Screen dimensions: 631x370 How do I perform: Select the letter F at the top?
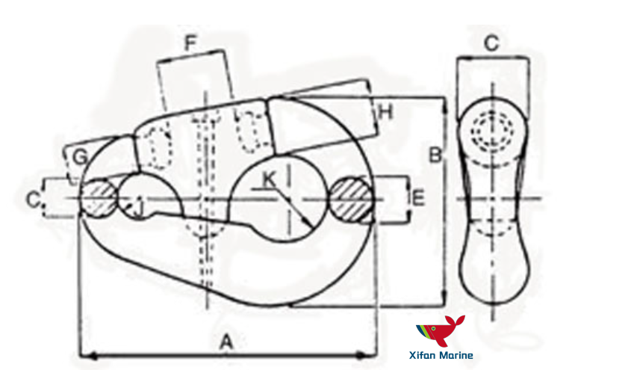pyautogui.click(x=190, y=43)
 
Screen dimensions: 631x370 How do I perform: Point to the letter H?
pyautogui.click(x=385, y=113)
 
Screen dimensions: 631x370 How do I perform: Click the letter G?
pyautogui.click(x=80, y=156)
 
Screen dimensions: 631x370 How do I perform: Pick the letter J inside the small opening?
pyautogui.click(x=138, y=204)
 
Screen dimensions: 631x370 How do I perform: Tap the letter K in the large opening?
pyautogui.click(x=269, y=179)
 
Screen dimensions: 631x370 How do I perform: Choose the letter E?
pyautogui.click(x=418, y=198)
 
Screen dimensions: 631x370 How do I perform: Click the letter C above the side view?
pyautogui.click(x=491, y=44)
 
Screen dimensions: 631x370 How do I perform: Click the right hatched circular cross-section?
pyautogui.click(x=350, y=199)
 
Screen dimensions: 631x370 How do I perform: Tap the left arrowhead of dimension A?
pyautogui.click(x=84, y=355)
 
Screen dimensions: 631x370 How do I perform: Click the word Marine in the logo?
pyautogui.click(x=458, y=356)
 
